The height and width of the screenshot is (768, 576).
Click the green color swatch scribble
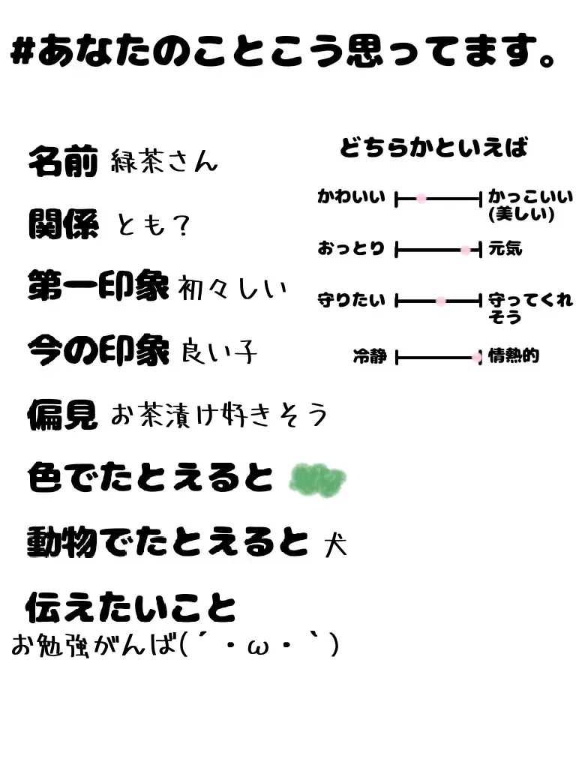[x=317, y=478]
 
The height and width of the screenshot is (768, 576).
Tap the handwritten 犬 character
[x=336, y=543]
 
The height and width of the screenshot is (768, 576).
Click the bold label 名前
[x=63, y=161]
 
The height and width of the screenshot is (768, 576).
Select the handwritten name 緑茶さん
[x=163, y=161]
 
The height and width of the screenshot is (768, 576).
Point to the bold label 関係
[x=63, y=223]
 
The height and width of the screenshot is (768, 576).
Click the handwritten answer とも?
[x=153, y=223]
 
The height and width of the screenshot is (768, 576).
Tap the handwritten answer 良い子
[x=219, y=351]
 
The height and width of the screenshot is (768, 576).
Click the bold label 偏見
[x=63, y=414]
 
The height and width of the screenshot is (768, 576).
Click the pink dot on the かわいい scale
[x=421, y=199]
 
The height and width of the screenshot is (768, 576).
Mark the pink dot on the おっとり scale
[x=466, y=250]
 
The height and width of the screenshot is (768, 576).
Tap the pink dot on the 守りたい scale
[x=441, y=301]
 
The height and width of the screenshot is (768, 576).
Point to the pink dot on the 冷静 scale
[x=476, y=358]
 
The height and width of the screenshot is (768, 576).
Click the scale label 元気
[x=505, y=248]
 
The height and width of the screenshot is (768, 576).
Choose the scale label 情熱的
[x=514, y=356]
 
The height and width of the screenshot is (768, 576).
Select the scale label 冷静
[x=369, y=357]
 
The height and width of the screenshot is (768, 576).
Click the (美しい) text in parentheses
[x=521, y=214]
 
